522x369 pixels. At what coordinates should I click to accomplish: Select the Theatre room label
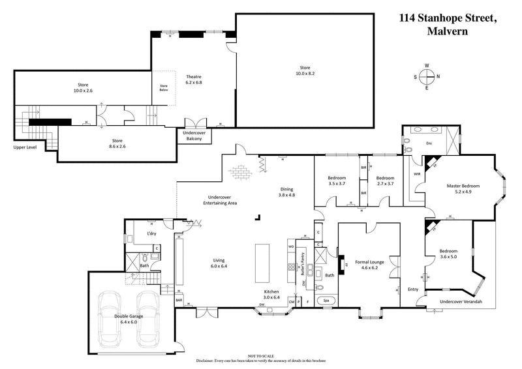click(194, 80)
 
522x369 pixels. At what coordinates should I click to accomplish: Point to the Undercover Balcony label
click(194, 135)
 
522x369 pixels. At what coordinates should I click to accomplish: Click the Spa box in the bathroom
click(326, 301)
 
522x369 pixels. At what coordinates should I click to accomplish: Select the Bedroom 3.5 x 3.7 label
click(336, 181)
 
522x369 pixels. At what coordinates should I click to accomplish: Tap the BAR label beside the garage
click(179, 300)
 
